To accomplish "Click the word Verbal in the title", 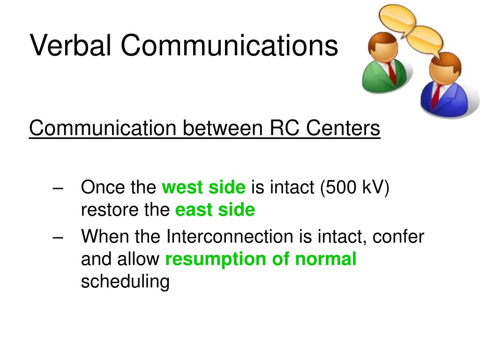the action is point(70,45).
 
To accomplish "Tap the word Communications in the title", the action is point(229,45).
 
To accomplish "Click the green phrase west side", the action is point(203,187).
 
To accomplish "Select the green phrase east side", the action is point(215,210).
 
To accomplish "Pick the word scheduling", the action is point(125,281).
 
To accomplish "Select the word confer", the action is point(398,236).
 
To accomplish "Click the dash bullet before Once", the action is point(58,187).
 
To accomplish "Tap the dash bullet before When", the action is point(58,237).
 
